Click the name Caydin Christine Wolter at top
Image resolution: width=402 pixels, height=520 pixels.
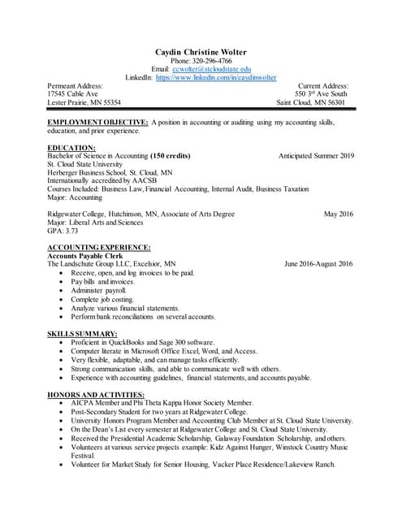point(201,52)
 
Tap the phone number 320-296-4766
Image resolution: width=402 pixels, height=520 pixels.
point(213,61)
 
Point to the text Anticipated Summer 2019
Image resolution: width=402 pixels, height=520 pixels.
point(316,155)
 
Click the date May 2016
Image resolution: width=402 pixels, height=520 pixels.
point(338,214)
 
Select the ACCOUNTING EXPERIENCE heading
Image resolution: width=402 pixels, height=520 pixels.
point(98,247)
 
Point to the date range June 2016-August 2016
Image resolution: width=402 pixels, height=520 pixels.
point(319,264)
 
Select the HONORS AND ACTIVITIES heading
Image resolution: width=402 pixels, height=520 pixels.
point(96,394)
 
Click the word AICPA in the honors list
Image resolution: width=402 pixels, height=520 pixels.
point(84,403)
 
